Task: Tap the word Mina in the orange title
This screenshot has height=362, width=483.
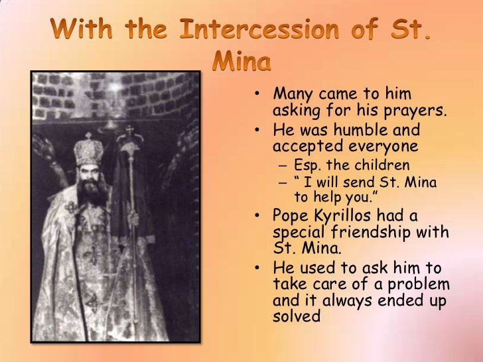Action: tap(241, 62)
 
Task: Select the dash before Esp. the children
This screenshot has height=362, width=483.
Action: tap(282, 165)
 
